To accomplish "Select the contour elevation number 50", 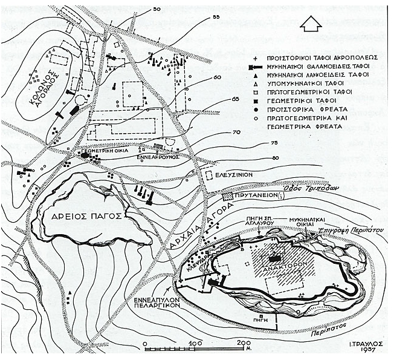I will (x=157, y=9).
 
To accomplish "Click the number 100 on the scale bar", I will (x=195, y=343).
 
